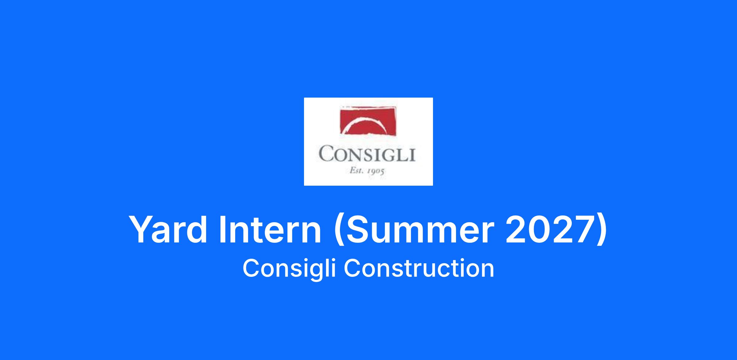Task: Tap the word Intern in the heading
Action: [270, 230]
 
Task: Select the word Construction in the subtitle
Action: [419, 268]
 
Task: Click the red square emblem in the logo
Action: [368, 121]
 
